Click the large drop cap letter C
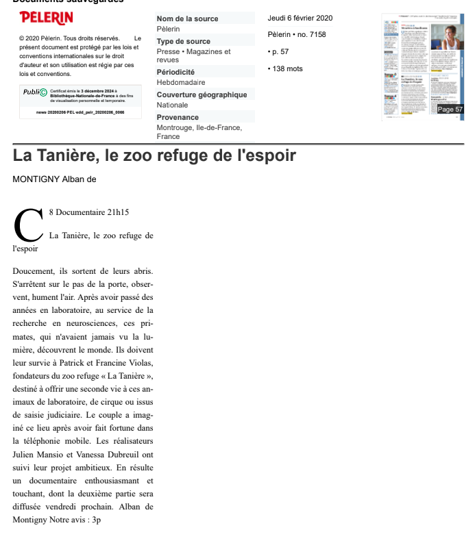(28, 225)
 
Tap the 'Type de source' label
(183, 42)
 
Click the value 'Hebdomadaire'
(180, 82)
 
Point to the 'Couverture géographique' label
(202, 94)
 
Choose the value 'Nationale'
(172, 105)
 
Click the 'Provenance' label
(178, 117)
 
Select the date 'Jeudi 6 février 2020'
(300, 18)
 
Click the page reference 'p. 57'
(280, 51)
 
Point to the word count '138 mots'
(287, 68)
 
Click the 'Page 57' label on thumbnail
(450, 110)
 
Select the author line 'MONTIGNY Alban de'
(55, 179)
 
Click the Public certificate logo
(35, 92)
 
